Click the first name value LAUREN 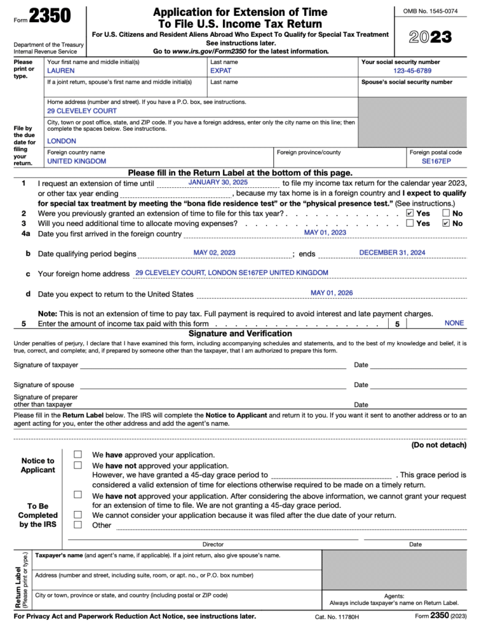point(61,71)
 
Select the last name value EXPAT point(221,71)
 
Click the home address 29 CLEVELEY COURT point(82,111)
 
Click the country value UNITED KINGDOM point(77,161)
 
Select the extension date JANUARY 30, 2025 point(218,183)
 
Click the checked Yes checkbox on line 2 point(410,213)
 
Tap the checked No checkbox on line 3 point(446,224)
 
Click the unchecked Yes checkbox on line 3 point(410,224)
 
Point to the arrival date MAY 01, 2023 point(325,233)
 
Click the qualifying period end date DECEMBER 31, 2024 point(392,252)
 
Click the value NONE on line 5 point(454,322)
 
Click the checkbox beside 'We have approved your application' point(78,455)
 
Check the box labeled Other point(78,525)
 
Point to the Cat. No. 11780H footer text point(337,617)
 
